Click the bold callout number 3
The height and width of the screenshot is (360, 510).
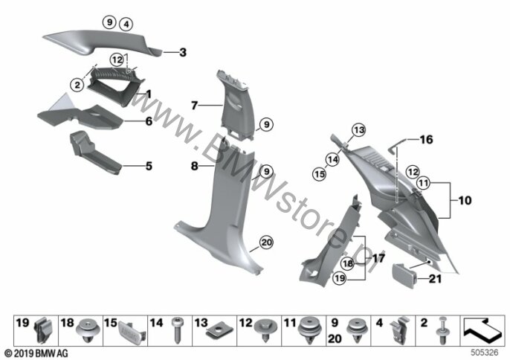(183, 52)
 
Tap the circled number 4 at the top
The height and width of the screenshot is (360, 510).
(126, 24)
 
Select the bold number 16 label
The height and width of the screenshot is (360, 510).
(426, 140)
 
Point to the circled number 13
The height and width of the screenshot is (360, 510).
(359, 130)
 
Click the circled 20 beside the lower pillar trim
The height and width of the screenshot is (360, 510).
(266, 242)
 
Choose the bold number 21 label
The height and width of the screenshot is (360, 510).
(435, 279)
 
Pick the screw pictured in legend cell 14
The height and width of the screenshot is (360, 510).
(176, 330)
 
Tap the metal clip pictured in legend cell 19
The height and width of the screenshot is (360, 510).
(42, 330)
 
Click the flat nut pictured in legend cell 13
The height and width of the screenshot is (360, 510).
(220, 331)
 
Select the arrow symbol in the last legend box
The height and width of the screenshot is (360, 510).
(482, 330)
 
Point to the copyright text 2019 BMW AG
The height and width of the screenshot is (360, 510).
(36, 353)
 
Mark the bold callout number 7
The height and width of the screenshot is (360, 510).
(194, 106)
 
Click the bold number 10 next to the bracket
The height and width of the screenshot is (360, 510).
(465, 200)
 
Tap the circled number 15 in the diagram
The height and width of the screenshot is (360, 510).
(319, 174)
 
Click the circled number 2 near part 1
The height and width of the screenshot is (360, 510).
(77, 86)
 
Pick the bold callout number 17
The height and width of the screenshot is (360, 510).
(378, 258)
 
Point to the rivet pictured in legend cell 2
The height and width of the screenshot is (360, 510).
(442, 330)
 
